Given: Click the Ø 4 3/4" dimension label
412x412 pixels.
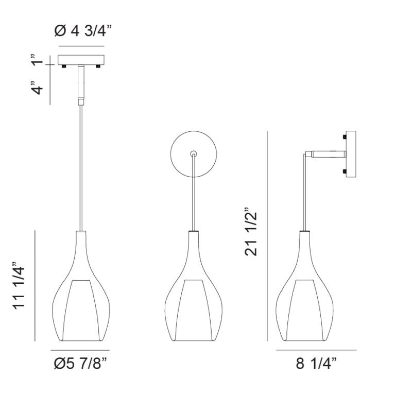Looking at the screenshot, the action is pos(83,31).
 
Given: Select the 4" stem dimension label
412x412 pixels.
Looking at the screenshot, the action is pos(37,88).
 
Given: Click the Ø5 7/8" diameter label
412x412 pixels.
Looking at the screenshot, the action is pos(81,364).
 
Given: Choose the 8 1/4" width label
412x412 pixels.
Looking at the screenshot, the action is pos(316,364).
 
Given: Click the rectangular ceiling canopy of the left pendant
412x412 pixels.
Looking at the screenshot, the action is pos(81,60).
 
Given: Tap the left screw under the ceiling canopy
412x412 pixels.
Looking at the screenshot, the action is pos(63,66).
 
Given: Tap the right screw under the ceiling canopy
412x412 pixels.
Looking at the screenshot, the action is pos(98,66).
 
